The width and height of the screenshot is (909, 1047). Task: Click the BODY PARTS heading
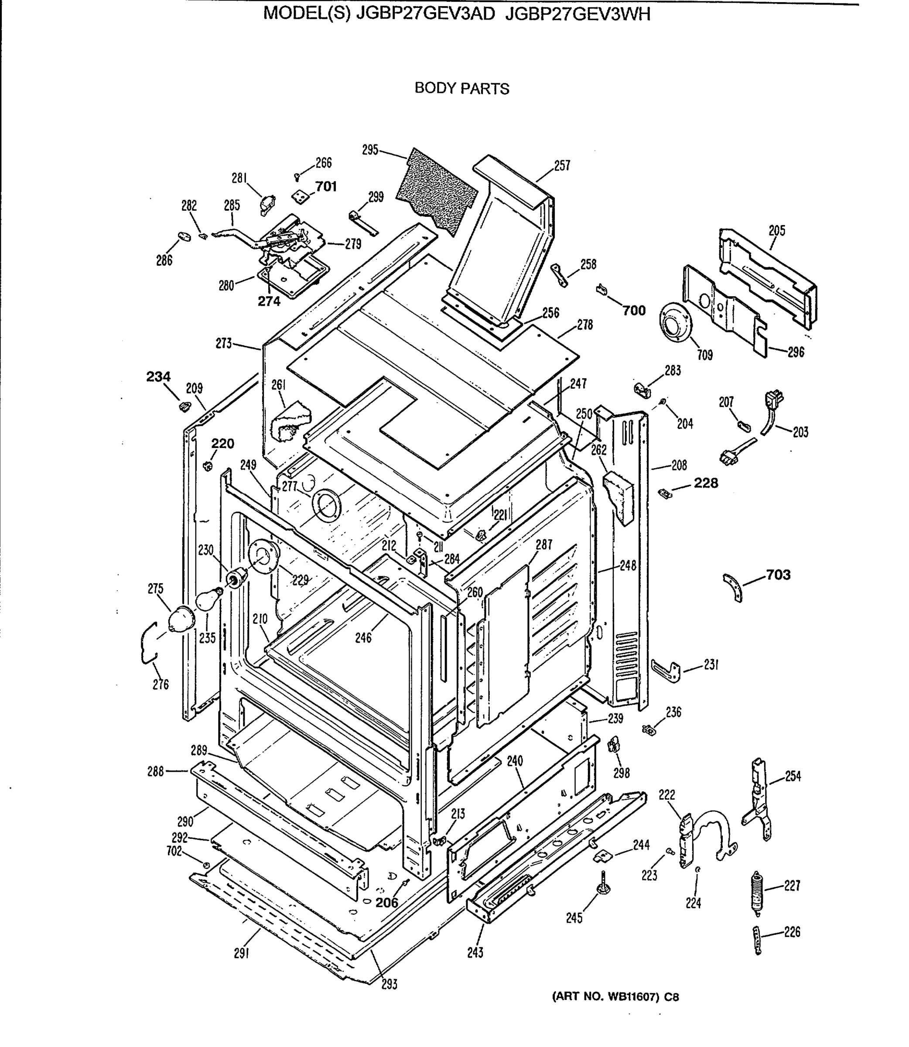(461, 88)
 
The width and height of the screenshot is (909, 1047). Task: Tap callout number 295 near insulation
(370, 150)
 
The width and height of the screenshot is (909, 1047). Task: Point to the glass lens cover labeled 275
(181, 619)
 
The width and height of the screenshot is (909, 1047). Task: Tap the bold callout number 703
(778, 575)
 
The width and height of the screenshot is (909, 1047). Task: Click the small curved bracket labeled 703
(734, 588)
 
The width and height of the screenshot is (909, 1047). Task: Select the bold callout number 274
(269, 301)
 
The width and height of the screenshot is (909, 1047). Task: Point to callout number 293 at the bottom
(389, 985)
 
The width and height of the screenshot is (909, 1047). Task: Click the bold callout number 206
(387, 903)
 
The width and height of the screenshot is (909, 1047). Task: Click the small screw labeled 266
(297, 177)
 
